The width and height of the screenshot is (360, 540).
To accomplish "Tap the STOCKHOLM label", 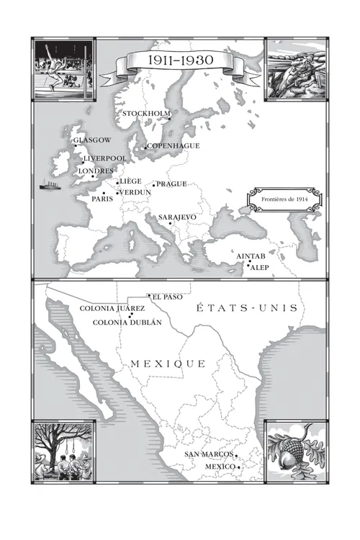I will pos(146,114).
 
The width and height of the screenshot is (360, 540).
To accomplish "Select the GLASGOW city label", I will pos(92,140).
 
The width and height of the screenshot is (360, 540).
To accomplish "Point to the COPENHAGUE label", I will pos(174,146).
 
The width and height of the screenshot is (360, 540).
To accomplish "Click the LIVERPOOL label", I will pos(105,158).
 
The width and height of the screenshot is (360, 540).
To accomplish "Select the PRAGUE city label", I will pos(172,184).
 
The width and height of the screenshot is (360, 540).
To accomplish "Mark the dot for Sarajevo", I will pos(171,224).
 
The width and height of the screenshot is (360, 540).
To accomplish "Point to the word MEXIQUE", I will pos(168,364).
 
